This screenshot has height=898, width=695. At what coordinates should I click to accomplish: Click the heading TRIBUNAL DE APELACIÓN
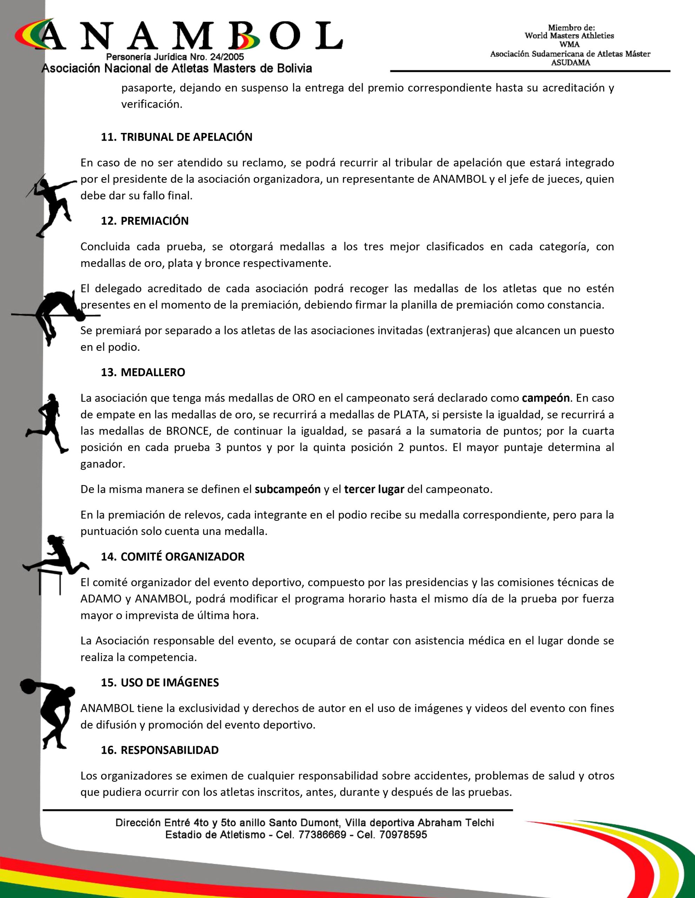(x=186, y=138)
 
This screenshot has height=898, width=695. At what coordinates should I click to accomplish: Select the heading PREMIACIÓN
(x=154, y=221)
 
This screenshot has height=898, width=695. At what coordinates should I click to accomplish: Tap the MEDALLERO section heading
(x=153, y=373)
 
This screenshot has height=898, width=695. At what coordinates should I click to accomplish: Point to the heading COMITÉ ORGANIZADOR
(x=182, y=557)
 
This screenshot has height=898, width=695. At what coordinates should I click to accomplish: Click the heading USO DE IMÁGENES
(x=170, y=683)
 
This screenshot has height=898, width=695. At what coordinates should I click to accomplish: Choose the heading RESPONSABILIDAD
(x=170, y=750)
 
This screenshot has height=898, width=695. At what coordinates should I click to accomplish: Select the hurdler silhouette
(x=55, y=561)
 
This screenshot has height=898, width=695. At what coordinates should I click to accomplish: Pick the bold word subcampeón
(x=287, y=489)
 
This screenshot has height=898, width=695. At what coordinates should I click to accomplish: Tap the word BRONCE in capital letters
(x=187, y=431)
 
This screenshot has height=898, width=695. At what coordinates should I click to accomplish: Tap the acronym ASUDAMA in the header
(x=570, y=63)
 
